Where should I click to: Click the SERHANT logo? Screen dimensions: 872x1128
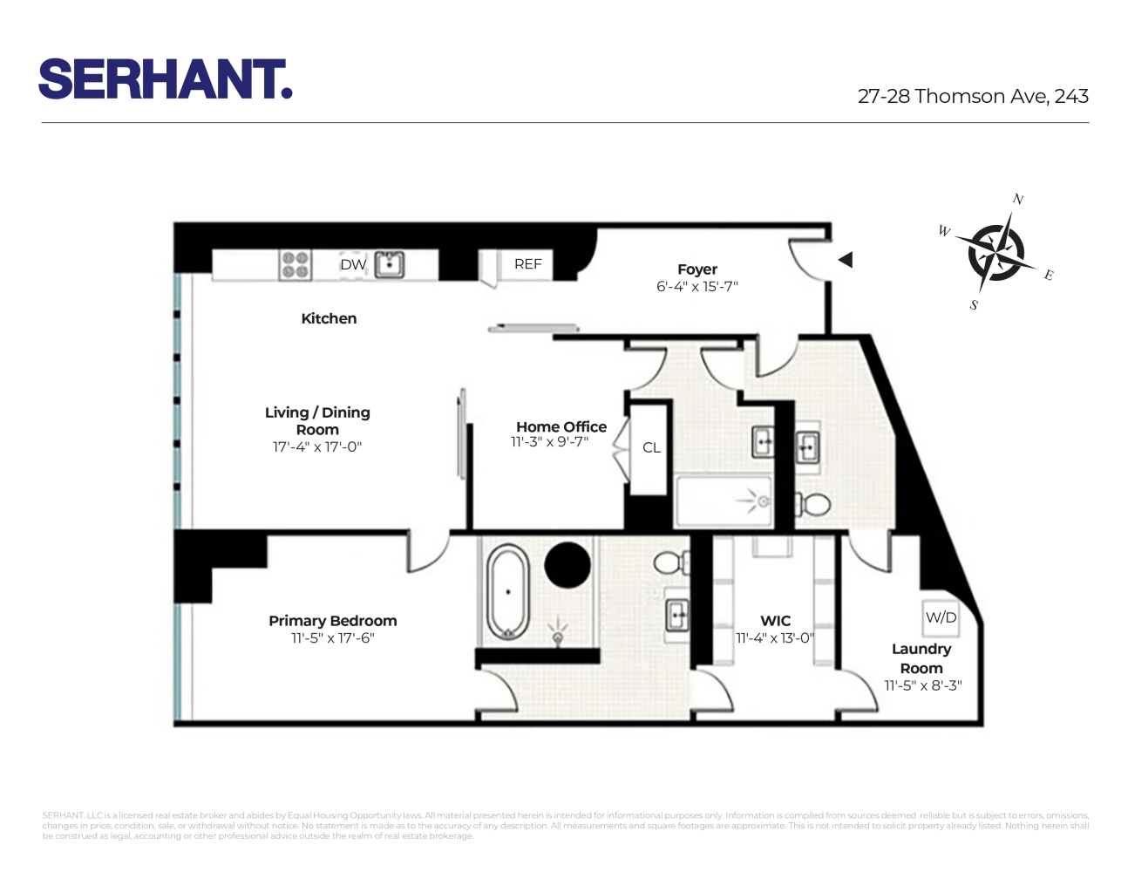(x=165, y=79)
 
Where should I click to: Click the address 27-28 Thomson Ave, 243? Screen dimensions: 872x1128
(x=973, y=97)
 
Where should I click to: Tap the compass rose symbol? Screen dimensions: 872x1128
(x=995, y=252)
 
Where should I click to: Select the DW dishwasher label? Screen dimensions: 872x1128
(x=353, y=264)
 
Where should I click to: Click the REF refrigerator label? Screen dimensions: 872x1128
(x=527, y=263)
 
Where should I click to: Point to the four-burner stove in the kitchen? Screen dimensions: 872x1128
(x=295, y=264)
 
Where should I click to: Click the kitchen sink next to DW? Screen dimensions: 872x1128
(x=389, y=264)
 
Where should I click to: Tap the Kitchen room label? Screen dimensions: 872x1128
(x=329, y=318)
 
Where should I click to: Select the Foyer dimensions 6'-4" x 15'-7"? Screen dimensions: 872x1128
(x=697, y=286)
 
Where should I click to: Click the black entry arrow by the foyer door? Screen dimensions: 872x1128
(x=845, y=260)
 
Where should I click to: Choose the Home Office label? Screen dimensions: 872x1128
(x=561, y=426)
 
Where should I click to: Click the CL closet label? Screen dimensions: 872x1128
(x=651, y=447)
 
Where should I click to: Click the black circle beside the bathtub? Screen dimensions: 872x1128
(x=567, y=565)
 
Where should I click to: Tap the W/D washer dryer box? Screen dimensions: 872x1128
(x=941, y=617)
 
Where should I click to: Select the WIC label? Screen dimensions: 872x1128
(x=775, y=621)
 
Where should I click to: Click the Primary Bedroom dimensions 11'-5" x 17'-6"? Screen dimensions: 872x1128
(x=332, y=638)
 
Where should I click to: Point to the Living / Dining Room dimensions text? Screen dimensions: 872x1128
(x=317, y=447)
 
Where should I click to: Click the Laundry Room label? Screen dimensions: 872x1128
(x=921, y=658)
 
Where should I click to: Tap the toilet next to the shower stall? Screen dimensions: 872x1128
(x=814, y=504)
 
